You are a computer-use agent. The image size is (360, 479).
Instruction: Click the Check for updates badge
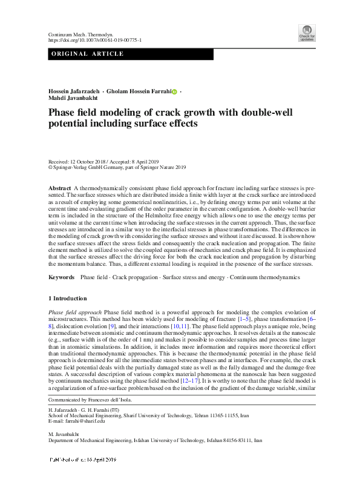tap(307, 31)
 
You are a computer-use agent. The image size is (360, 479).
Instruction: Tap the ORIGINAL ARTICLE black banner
tap(130, 55)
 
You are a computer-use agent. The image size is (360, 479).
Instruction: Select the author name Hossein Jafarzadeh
tap(74, 91)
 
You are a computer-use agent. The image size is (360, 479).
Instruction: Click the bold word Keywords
tap(62, 277)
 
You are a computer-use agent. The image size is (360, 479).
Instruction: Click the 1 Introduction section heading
tap(67, 299)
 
